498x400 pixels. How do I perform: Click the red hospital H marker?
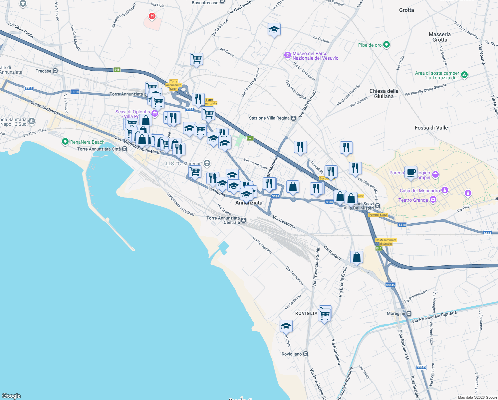click(152, 16)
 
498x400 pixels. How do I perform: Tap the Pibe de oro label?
click(370, 45)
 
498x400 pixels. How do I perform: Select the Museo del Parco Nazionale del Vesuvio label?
click(315, 56)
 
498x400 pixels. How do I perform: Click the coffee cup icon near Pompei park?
click(411, 172)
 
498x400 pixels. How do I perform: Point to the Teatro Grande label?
click(413, 200)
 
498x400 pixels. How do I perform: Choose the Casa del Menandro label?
click(419, 191)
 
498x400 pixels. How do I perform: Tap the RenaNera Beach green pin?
click(65, 142)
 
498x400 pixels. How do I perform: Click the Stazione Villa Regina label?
click(269, 118)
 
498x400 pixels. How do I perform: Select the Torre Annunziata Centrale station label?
click(223, 220)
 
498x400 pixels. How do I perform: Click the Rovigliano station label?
click(292, 354)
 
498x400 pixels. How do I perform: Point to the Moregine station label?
click(396, 313)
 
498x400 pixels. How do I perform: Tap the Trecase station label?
click(44, 71)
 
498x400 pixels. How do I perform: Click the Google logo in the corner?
click(11, 396)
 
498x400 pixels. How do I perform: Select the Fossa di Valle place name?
click(431, 128)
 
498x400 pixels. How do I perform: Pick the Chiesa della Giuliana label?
click(384, 94)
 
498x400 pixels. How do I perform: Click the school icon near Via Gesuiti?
click(274, 30)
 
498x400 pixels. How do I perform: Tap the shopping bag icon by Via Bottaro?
click(357, 257)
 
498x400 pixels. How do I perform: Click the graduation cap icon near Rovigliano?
click(286, 326)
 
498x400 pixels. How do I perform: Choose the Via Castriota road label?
click(284, 222)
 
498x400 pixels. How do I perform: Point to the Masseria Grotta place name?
click(439, 37)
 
